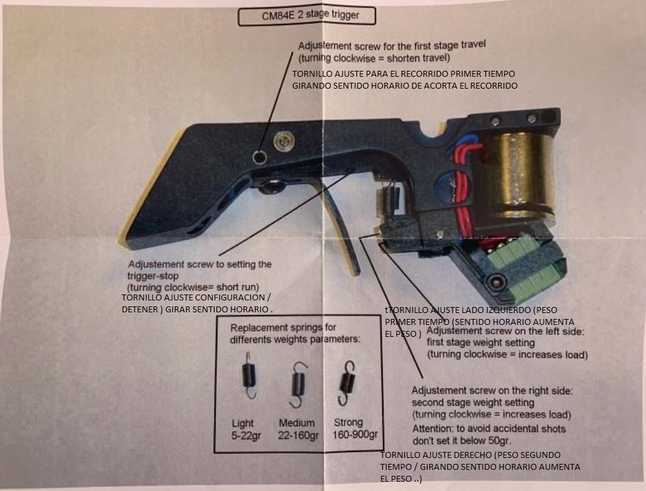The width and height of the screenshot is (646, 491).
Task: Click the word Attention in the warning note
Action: point(433,429)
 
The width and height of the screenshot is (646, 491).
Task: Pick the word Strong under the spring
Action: point(348,422)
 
